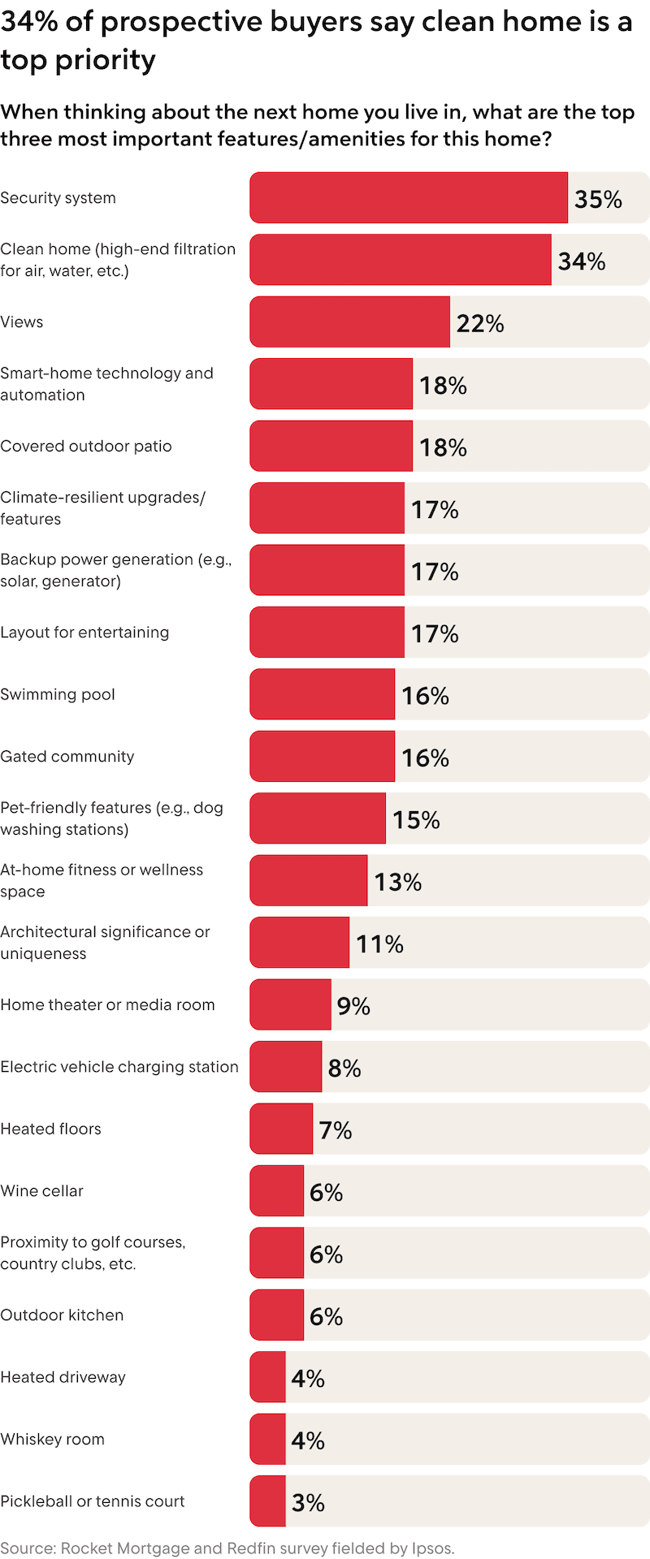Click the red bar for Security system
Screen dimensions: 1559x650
[x=409, y=197]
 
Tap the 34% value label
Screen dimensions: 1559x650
[x=582, y=261]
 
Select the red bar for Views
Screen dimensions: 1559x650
[x=349, y=322]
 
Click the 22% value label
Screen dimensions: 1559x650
[x=480, y=323]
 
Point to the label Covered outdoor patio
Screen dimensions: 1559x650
[x=86, y=447]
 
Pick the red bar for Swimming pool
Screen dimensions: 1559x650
[x=322, y=694]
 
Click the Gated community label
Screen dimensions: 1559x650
[x=67, y=757]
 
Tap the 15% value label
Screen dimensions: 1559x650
[x=416, y=820]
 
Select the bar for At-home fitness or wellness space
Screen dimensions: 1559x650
[x=309, y=881]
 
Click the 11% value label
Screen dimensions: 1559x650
[x=379, y=944]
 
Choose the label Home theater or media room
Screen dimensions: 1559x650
[x=107, y=1005]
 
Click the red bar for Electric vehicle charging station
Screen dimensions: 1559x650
[x=286, y=1067]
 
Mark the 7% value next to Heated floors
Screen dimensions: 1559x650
[x=335, y=1130]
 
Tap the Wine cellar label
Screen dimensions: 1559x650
[x=42, y=1191]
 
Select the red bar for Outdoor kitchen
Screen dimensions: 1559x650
[x=277, y=1315]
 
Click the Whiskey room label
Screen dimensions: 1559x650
[x=53, y=1440]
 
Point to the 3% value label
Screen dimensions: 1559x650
[x=308, y=1503]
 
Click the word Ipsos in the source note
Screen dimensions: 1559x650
[x=431, y=1548]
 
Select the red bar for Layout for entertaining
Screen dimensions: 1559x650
[x=327, y=633]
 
